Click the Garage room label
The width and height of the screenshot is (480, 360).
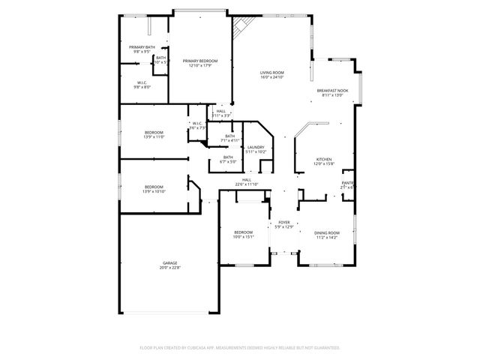(170, 262)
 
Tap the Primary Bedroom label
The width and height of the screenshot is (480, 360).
(200, 60)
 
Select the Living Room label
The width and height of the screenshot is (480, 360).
(271, 73)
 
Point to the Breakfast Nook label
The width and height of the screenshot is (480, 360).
(332, 91)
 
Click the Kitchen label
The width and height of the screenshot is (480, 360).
(324, 159)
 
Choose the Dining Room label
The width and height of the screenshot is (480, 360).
(326, 232)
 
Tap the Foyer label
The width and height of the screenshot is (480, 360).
(284, 222)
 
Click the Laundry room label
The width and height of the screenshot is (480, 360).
(256, 147)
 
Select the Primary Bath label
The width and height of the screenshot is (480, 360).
(144, 47)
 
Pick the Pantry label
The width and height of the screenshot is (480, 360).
(348, 182)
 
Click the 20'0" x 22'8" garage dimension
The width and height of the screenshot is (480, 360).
(170, 267)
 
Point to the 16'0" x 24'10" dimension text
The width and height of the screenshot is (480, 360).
(271, 77)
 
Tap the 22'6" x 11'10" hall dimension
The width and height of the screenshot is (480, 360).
(247, 184)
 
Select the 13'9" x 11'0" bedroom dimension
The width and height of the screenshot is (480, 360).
(154, 137)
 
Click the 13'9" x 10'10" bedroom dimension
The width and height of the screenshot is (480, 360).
(154, 191)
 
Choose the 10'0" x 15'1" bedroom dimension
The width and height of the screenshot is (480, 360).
(244, 237)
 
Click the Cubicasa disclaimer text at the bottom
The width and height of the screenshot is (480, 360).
(240, 348)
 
